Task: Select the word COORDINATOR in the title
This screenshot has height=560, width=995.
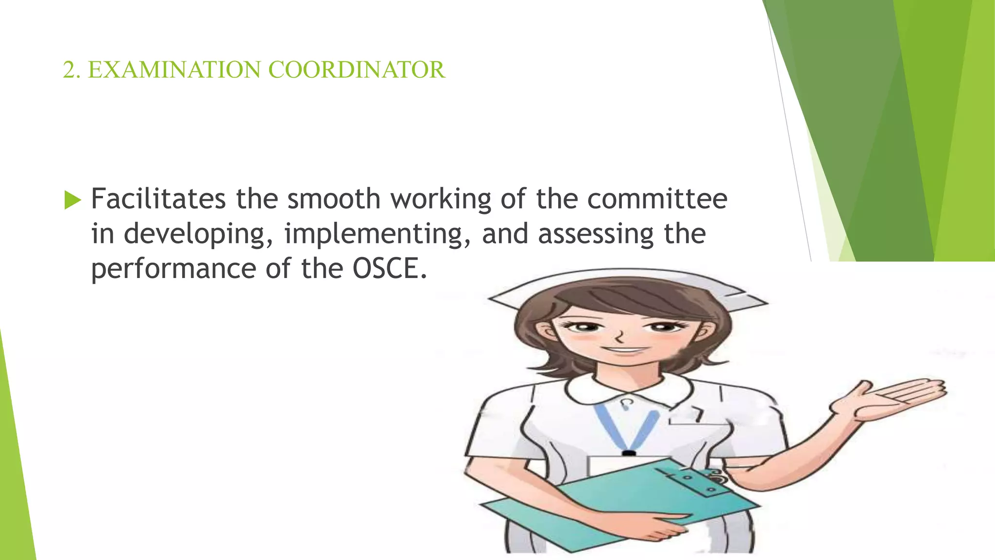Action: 356,70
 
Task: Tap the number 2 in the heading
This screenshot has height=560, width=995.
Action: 70,70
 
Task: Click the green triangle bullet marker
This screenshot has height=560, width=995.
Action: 72,200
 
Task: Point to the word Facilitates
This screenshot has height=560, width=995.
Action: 158,199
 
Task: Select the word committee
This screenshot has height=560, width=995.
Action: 657,199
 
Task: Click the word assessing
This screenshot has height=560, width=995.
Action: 596,234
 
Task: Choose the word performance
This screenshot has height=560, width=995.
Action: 173,269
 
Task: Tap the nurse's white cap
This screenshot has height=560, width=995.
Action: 627,287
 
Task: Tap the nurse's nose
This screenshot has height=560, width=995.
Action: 619,335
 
